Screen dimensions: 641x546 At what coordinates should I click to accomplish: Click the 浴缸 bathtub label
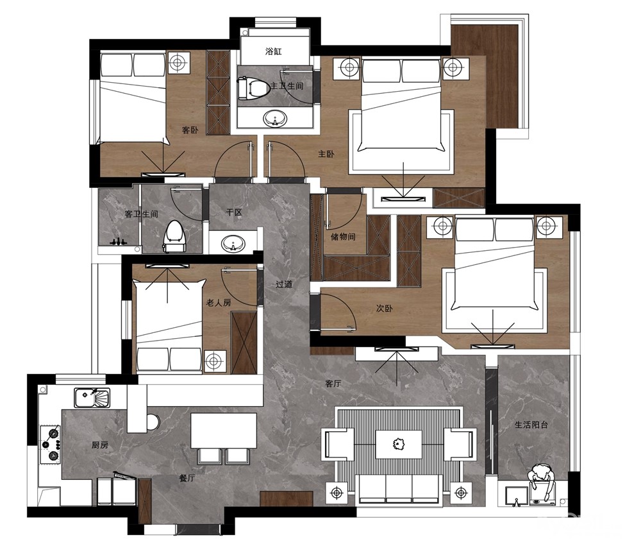coord(274,51)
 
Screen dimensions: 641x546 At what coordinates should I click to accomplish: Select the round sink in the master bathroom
coord(276,119)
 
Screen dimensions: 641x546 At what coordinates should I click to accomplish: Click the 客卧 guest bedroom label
coord(190,130)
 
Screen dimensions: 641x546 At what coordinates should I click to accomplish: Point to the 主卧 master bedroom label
coord(326,154)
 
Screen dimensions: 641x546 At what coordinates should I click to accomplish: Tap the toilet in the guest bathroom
coord(174,237)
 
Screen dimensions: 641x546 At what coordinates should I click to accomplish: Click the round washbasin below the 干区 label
coord(233,244)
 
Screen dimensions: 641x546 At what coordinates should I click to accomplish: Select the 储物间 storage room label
coord(343,236)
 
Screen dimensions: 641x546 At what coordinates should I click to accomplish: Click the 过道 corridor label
coord(284,284)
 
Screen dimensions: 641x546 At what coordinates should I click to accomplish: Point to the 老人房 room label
coord(219,302)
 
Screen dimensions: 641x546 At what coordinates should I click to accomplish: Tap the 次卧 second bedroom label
coord(384,308)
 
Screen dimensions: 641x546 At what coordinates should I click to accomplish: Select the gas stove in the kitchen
coord(50,444)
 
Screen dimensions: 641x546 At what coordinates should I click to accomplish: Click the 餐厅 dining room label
coord(187,477)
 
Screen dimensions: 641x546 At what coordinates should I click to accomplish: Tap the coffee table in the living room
coord(399,444)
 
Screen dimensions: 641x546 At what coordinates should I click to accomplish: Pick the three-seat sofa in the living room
coord(399,488)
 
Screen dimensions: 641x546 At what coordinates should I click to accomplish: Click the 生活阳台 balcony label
coord(531,425)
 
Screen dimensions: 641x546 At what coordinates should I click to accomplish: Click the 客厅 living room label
coord(333,384)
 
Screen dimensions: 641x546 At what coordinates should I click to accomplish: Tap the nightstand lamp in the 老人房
coord(213,361)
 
